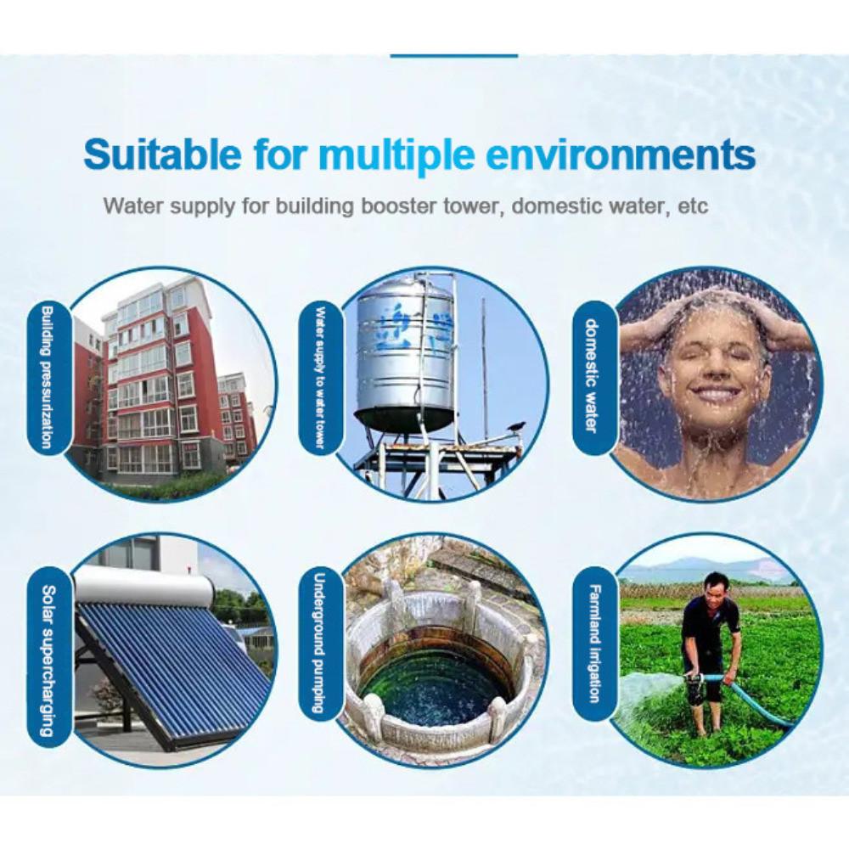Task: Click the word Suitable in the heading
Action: pyautogui.click(x=162, y=155)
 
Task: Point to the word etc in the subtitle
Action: pyautogui.click(x=693, y=207)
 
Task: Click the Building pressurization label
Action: pyautogui.click(x=48, y=378)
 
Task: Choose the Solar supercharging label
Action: pyautogui.click(x=48, y=661)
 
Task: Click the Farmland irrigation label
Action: pyautogui.click(x=595, y=644)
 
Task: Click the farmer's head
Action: pyautogui.click(x=712, y=587)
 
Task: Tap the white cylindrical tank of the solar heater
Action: pyautogui.click(x=143, y=585)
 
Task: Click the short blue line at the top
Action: pyautogui.click(x=453, y=56)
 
